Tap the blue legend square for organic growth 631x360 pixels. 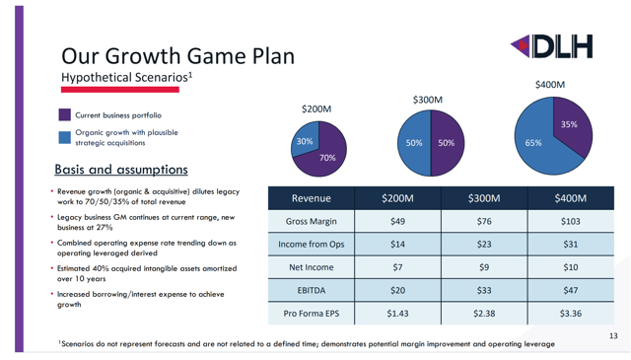65,139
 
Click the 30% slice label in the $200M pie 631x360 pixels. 306,142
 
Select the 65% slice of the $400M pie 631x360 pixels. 536,142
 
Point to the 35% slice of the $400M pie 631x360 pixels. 570,126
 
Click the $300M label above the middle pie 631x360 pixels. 427,100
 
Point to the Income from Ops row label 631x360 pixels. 311,245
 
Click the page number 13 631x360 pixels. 613,337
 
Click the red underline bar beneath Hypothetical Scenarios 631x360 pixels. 119,90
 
